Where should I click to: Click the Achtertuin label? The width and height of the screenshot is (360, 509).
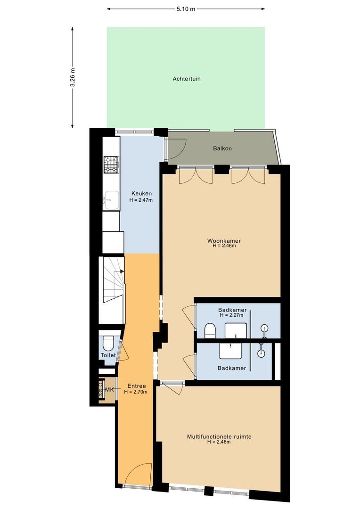(186, 79)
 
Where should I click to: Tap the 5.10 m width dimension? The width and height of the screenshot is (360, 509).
(186, 9)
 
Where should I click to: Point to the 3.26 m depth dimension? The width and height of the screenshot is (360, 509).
(73, 77)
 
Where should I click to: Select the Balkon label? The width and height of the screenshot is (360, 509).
(222, 148)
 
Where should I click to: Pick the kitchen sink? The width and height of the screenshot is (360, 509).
(111, 199)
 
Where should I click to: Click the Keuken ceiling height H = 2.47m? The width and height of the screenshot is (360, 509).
(141, 200)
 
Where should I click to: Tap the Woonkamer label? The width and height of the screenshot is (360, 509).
(224, 241)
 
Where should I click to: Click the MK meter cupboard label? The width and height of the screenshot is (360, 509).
(109, 390)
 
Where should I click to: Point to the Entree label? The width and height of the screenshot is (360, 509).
(136, 386)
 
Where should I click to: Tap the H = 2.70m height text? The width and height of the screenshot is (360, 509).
(136, 392)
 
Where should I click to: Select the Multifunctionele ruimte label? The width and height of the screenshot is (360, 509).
(219, 436)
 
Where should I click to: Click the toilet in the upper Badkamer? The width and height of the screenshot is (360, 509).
(210, 330)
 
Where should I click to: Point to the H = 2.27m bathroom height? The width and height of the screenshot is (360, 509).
(231, 315)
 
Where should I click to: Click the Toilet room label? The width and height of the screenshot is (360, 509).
(108, 355)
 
